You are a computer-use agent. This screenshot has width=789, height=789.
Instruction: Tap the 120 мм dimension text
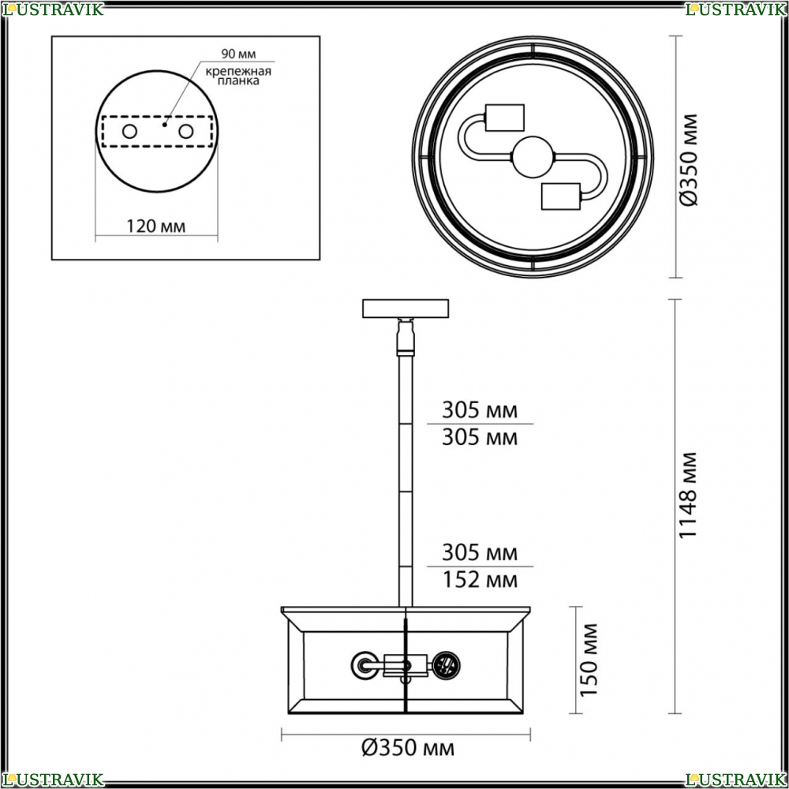click(x=155, y=226)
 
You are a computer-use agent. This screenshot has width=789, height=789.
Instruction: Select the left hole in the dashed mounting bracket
click(x=130, y=132)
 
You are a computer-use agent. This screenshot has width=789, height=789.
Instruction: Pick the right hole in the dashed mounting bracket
click(x=185, y=132)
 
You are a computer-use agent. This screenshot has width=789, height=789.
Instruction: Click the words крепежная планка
click(x=238, y=76)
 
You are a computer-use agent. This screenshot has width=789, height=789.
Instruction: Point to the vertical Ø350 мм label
click(x=688, y=160)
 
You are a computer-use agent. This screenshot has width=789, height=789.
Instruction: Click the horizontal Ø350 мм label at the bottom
click(x=408, y=748)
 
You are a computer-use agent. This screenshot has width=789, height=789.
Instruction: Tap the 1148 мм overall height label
click(x=688, y=495)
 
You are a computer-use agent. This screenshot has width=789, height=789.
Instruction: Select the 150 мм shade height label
click(x=589, y=660)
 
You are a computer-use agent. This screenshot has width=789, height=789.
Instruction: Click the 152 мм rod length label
click(x=480, y=580)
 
